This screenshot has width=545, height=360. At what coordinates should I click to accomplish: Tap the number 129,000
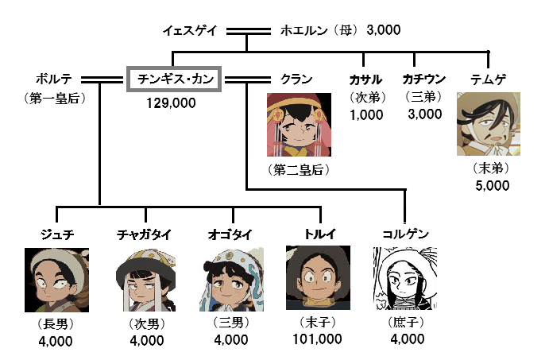pos(171,103)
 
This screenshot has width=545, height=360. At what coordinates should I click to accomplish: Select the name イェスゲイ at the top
pos(190,31)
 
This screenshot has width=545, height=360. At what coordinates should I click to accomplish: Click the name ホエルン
pos(303,31)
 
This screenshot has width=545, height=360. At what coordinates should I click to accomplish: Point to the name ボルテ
pos(54,79)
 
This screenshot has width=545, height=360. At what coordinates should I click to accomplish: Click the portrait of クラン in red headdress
pos(299,125)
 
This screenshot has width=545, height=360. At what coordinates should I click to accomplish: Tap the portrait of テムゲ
pos(489,124)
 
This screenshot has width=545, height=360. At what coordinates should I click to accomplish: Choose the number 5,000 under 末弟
pos(493,186)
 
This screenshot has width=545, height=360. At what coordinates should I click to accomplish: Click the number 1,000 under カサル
pos(366,115)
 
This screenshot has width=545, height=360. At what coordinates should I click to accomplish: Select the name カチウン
pos(423,79)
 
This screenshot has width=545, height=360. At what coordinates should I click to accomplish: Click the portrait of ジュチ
pos(56,280)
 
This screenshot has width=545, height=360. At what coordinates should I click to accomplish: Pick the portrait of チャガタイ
pos(145,280)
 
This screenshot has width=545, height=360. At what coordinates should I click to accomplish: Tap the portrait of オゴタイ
pos(231,279)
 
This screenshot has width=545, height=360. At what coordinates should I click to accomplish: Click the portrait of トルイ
pos(318,278)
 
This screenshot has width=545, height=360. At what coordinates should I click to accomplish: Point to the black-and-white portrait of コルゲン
pos(405,278)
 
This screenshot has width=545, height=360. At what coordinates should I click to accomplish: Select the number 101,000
pos(317,339)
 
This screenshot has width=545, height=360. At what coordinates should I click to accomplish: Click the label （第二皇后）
pos(299,170)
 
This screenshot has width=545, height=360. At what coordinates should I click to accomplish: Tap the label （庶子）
pos(406,323)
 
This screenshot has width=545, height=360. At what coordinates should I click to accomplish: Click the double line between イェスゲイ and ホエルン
pos(248,31)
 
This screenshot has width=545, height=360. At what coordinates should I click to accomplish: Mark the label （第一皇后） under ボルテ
pos(55,99)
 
